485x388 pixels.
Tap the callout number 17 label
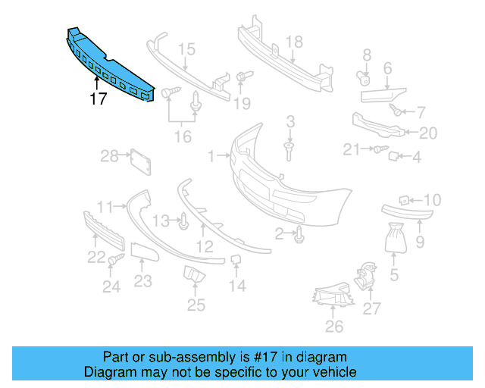pos(98,99)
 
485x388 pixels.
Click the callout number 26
pos(333,327)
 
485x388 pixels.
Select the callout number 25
pos(196,305)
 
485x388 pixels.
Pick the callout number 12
pos(205,246)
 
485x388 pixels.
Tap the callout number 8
pos(367,55)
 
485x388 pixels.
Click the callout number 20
pos(428,133)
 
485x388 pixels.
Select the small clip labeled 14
pos(236,261)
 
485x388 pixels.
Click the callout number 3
pos(290,121)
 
